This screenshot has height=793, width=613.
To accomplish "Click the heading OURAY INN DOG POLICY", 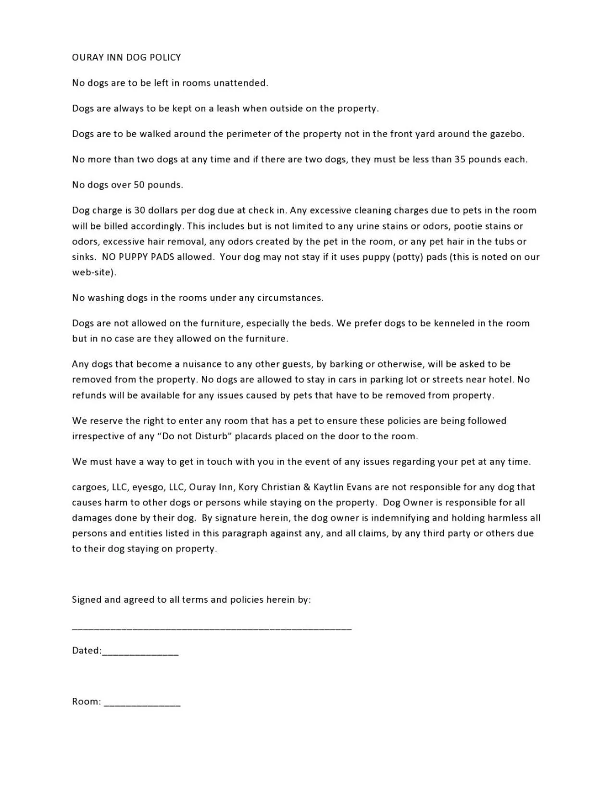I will (x=126, y=58).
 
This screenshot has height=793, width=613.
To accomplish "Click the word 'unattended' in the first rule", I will (x=240, y=83).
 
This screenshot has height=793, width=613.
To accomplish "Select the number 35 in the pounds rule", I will (x=460, y=160).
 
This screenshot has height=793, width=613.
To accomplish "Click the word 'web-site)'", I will (x=94, y=273).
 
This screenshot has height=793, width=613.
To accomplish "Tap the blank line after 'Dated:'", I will (x=140, y=654).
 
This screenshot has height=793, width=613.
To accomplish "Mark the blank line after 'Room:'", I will (x=142, y=705).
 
